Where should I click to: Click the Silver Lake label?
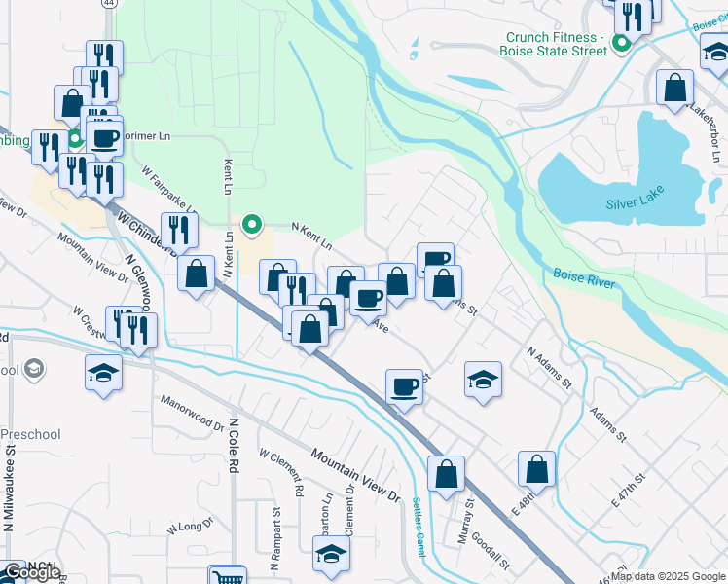[635, 204]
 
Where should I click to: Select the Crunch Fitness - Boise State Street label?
[555, 44]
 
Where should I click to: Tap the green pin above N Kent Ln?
[253, 226]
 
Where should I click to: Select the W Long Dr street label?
[190, 528]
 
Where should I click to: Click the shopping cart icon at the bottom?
[226, 576]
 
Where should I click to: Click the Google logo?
[31, 573]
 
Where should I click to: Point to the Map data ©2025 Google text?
[668, 576]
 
